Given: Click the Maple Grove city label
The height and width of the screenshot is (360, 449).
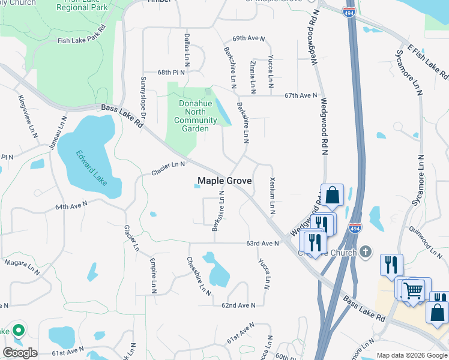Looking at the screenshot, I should tap(224, 181).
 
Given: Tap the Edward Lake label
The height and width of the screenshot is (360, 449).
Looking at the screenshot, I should tap(91, 166).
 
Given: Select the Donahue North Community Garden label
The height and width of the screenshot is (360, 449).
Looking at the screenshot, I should tap(196, 116).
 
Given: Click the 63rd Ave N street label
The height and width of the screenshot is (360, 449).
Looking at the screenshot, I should tap(262, 243).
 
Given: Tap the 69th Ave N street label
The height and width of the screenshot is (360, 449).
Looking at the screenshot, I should tap(248, 38).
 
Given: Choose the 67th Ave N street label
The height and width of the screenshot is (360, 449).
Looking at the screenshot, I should tap(300, 95).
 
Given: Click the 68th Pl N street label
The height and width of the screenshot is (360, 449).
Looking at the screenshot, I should tap(172, 72).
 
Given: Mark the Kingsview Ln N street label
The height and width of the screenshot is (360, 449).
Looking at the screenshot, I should tap(27, 113).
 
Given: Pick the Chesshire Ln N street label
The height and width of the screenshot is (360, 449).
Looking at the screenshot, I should tap(198, 277).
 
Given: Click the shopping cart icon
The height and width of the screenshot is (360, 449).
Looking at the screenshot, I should tap(413, 290).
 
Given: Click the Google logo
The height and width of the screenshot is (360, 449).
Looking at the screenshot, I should tap(20, 352).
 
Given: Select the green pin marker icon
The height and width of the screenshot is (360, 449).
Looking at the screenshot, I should tap(19, 329).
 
